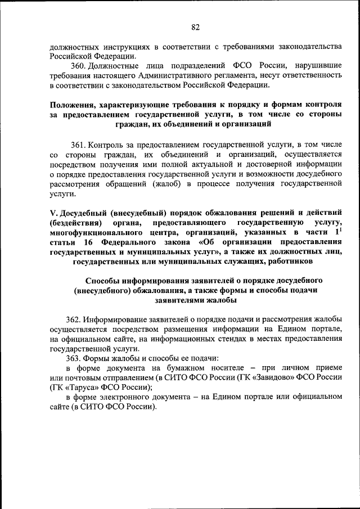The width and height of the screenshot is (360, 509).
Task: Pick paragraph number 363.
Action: coord(79,357)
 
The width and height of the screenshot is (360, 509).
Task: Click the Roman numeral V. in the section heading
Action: coord(53,212)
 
